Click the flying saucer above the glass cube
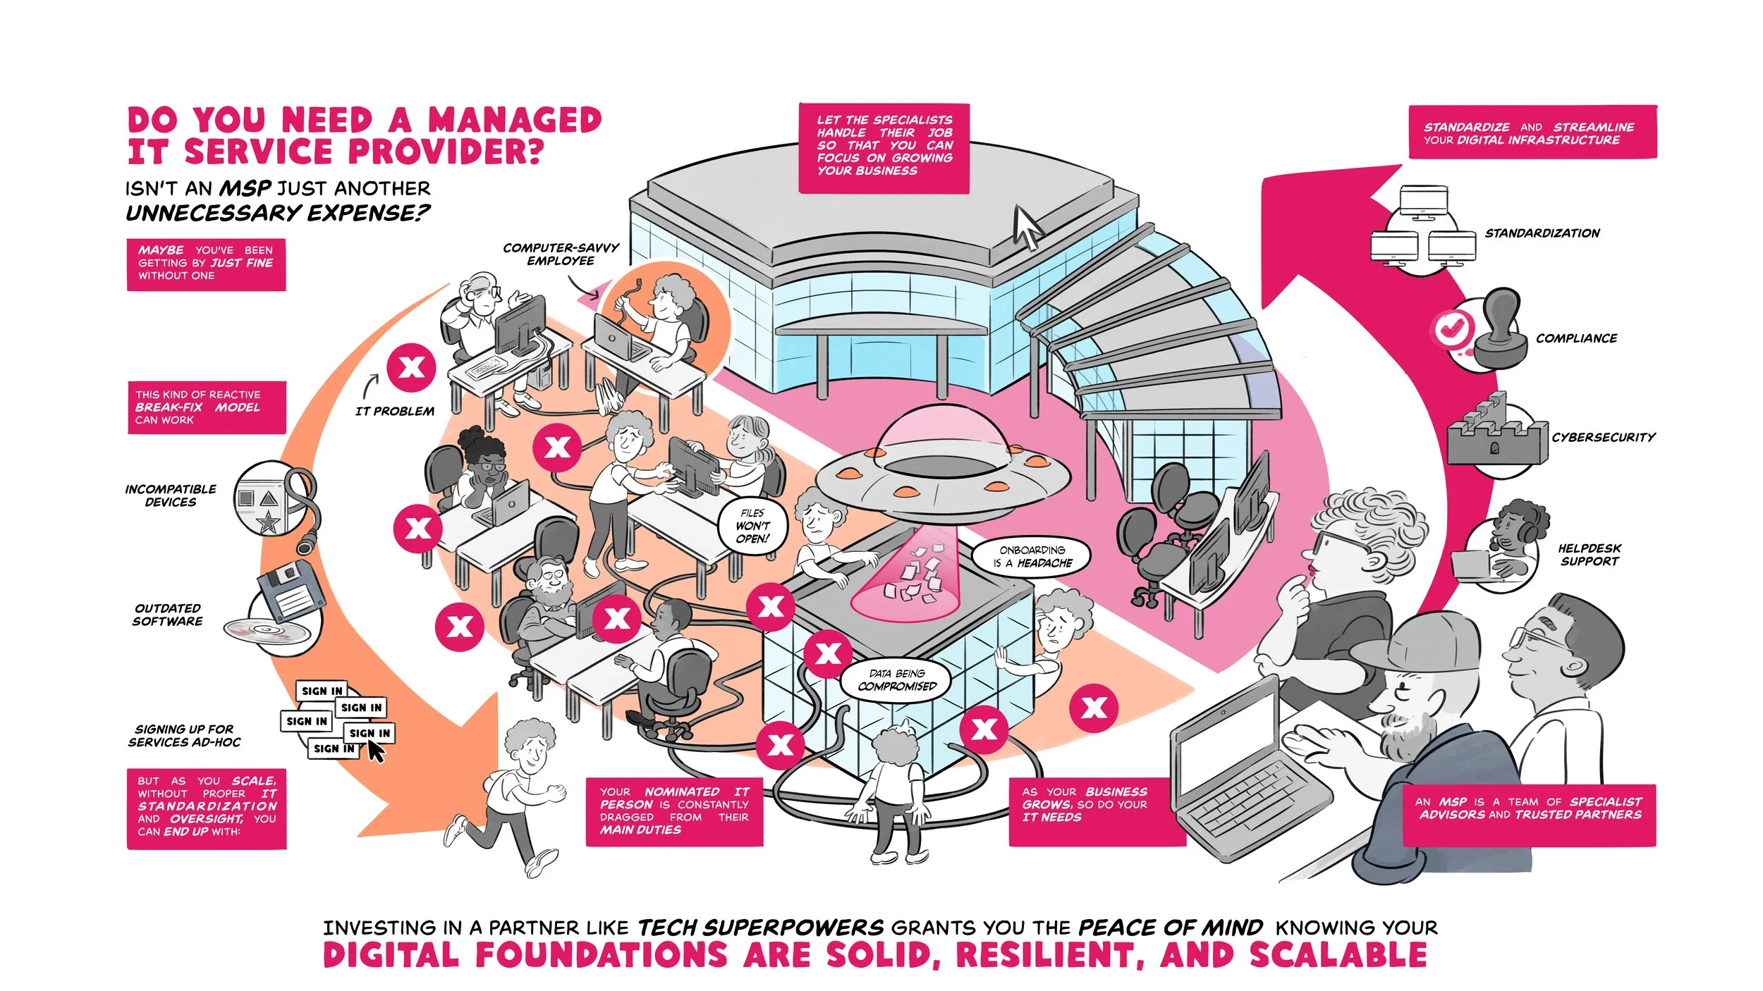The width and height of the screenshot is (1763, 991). tap(941, 469)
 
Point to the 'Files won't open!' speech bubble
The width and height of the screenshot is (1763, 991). tap(752, 526)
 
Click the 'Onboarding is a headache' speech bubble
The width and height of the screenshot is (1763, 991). tap(1032, 556)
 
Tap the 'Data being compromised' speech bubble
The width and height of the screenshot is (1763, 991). tap(896, 680)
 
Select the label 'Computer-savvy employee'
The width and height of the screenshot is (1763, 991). tap(561, 254)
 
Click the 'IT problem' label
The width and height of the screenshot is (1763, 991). tap(395, 411)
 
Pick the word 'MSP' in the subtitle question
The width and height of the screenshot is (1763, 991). tap(245, 188)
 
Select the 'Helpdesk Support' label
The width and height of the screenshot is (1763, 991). tap(1590, 555)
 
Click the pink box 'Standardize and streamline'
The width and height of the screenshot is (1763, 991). tap(1532, 133)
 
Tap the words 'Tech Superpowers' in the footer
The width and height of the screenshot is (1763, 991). tap(760, 928)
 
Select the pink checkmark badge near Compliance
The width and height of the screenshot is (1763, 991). tap(1452, 328)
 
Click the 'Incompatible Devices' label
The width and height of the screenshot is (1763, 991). tap(171, 495)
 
